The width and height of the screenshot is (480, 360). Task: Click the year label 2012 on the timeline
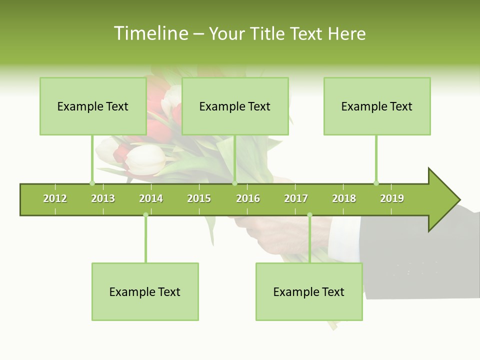point(55,199)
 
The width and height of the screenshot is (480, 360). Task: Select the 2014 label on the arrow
point(151,199)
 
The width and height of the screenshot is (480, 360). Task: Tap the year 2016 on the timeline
point(248,199)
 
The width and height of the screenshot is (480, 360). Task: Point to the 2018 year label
point(344,199)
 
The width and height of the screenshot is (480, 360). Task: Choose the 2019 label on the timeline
point(392,199)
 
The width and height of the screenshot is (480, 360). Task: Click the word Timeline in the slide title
point(151,33)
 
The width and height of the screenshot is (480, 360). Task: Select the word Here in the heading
point(346,33)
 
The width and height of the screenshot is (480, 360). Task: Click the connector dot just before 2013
point(92,183)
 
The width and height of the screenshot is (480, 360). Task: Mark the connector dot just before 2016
point(234,183)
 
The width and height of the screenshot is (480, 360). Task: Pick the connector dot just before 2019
point(376,183)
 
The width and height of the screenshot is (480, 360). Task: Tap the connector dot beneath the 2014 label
point(145,215)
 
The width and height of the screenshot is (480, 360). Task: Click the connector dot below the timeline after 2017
point(309,215)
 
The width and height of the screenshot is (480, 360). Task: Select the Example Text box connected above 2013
point(92,106)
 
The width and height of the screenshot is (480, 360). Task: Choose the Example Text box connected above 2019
point(376,106)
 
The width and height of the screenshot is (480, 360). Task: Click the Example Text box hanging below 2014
point(145,292)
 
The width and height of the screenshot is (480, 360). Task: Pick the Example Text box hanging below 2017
point(308,292)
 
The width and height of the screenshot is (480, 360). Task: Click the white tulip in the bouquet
point(146,159)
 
